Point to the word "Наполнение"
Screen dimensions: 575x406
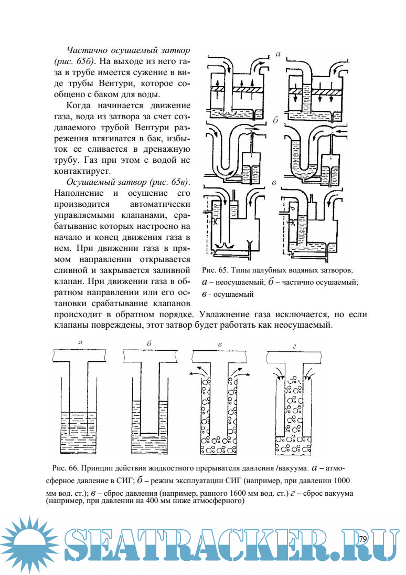click(79, 193)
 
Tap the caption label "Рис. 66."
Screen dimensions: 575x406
click(65, 467)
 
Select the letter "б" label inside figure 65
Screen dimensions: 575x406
click(275, 120)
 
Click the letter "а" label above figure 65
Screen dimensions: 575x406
click(278, 53)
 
